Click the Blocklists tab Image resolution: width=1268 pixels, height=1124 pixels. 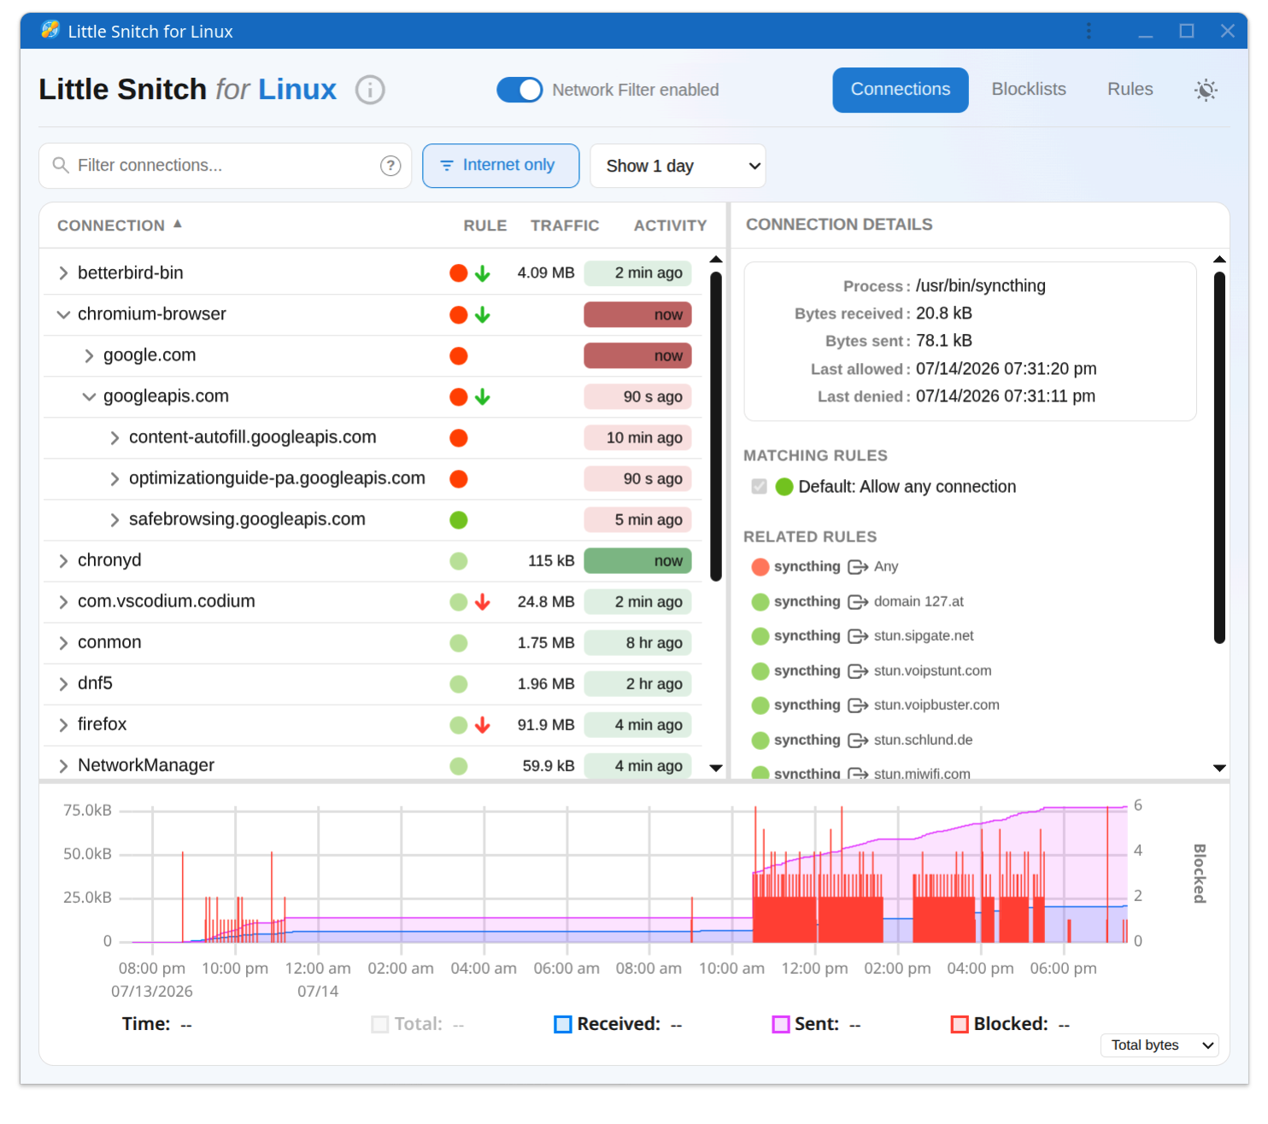[1028, 89]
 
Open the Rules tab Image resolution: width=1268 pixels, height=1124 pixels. [1129, 89]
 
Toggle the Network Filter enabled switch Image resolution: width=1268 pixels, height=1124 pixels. [519, 90]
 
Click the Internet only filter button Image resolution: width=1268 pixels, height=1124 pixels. [500, 165]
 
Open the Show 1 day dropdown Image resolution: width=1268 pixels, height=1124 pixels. [678, 166]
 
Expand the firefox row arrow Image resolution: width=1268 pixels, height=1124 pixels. [63, 724]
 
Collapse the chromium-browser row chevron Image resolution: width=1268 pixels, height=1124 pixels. [63, 314]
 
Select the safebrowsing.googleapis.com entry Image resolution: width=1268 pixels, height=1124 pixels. [247, 518]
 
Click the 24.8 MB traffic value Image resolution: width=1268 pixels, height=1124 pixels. [545, 601]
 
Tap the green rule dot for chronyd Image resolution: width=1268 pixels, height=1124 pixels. [458, 560]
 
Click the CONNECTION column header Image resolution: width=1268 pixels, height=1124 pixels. [111, 225]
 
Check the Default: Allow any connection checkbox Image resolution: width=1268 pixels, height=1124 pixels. [759, 486]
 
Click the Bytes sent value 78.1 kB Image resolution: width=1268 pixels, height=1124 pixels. [943, 341]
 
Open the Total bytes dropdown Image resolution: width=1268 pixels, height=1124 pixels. [1159, 1045]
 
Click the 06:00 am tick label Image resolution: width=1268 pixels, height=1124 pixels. [566, 968]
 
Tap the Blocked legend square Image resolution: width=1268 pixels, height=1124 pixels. [959, 1024]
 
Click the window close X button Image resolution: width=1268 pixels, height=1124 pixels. [1227, 31]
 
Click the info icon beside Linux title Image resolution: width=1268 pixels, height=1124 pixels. [370, 90]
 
